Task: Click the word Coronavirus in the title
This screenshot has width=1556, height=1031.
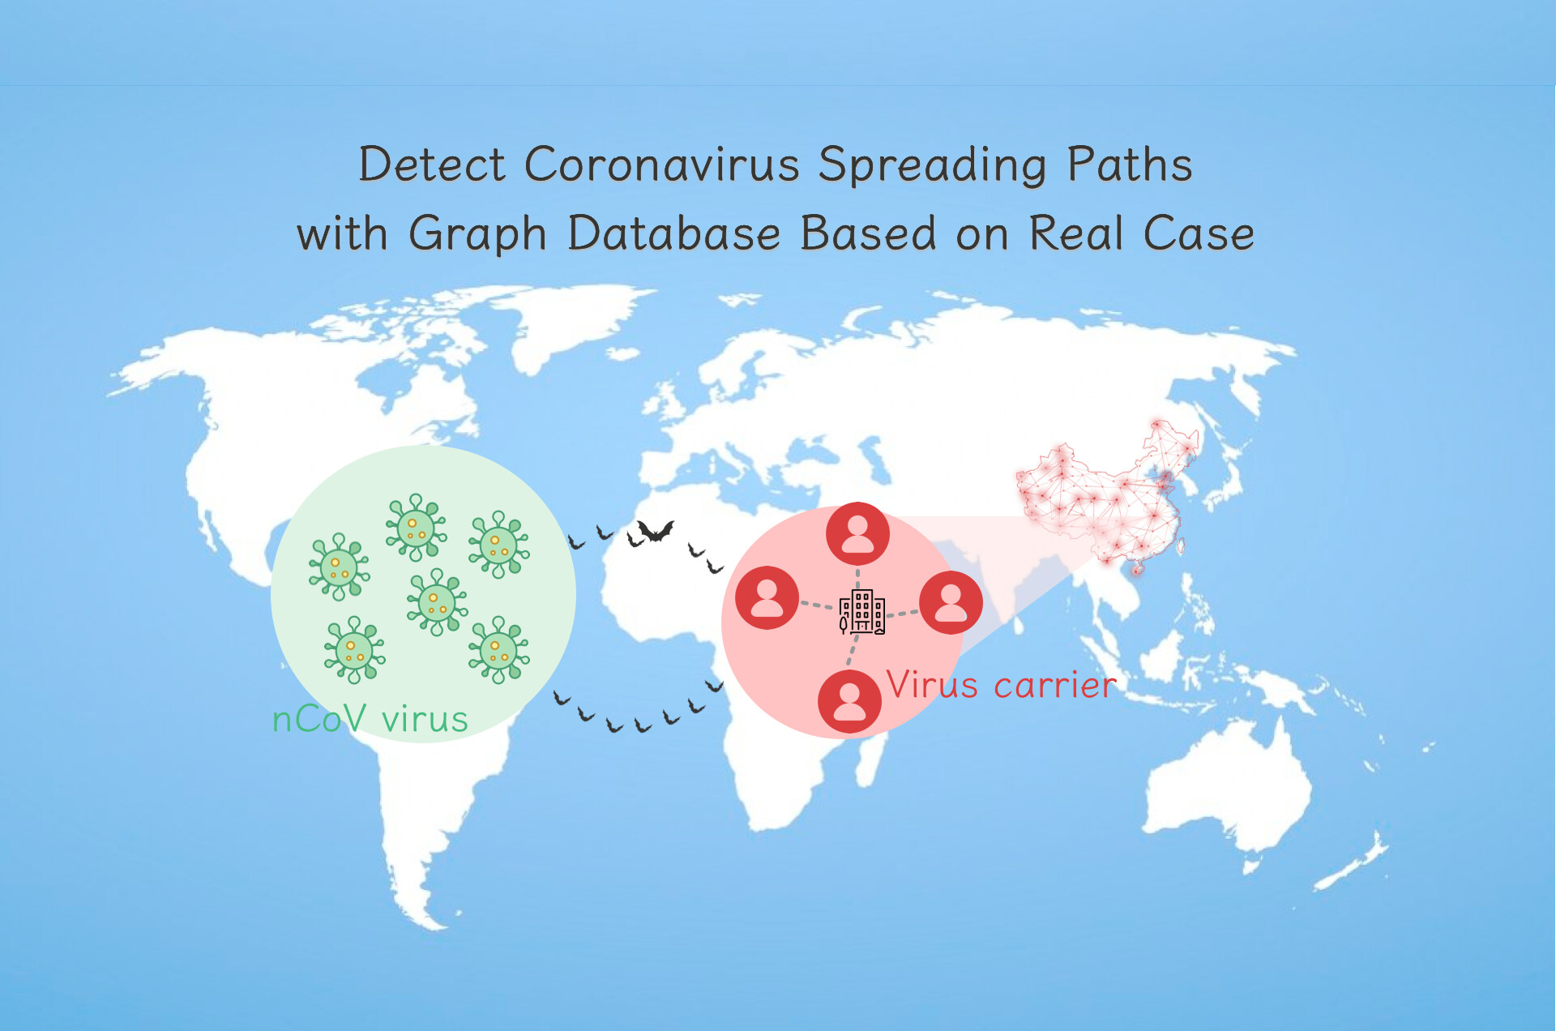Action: tap(663, 165)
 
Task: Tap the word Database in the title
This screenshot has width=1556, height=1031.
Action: tap(674, 233)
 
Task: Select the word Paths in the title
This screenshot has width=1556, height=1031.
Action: tap(1130, 165)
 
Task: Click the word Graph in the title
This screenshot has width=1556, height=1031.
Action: tap(478, 235)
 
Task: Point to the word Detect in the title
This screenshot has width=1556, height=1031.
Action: tap(433, 165)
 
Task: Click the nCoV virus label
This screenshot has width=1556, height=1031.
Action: tap(370, 719)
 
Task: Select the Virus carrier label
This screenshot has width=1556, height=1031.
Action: tap(1002, 685)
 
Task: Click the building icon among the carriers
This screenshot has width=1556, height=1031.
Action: tap(861, 612)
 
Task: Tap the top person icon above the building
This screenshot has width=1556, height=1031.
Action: tap(857, 533)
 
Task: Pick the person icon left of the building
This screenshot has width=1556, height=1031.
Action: tap(767, 597)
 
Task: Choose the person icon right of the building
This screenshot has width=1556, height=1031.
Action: tap(951, 602)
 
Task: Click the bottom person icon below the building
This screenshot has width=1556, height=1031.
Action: tap(849, 701)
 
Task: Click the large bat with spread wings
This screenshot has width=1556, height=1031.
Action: tap(655, 532)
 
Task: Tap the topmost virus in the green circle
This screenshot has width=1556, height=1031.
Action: tap(416, 527)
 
